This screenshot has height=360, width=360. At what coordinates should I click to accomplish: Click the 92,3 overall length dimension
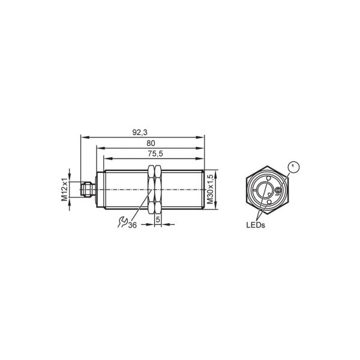tap(140, 133)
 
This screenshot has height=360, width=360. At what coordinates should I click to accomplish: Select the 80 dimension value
tap(151, 143)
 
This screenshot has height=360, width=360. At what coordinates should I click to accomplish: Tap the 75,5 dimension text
tap(155, 154)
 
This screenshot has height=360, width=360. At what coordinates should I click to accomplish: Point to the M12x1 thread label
tap(65, 190)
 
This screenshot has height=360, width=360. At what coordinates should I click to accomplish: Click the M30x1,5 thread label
tap(211, 189)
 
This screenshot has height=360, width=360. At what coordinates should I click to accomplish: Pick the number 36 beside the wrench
tap(133, 225)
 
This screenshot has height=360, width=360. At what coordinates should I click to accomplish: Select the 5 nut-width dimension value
tap(158, 220)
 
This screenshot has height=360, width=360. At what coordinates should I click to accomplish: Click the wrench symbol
tap(122, 222)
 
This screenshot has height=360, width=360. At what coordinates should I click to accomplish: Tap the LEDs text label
tap(256, 225)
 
